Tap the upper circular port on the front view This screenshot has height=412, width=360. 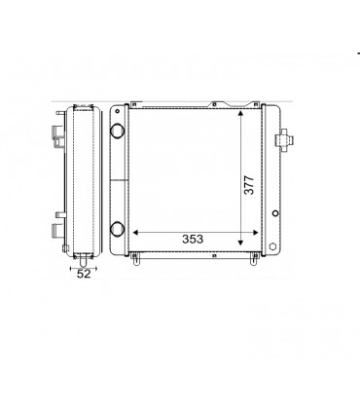118,131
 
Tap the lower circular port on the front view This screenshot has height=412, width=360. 118,229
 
